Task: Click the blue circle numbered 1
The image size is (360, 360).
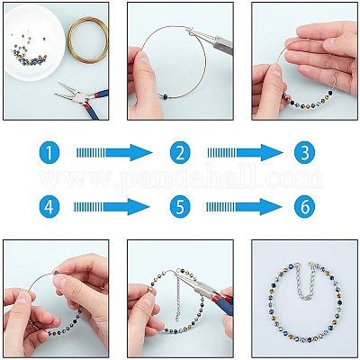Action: point(49,152)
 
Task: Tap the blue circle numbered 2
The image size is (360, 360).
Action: point(180,152)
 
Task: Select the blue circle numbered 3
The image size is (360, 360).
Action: point(304,152)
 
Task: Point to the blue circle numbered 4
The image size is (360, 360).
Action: point(49,207)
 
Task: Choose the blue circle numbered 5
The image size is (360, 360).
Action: point(180,207)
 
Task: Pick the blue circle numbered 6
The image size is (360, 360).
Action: point(304,207)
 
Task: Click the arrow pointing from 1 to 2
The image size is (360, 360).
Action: point(114,152)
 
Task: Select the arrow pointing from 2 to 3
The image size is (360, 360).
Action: point(245,152)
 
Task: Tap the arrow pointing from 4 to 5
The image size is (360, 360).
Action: point(112,207)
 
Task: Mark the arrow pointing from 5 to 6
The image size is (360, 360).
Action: point(244,207)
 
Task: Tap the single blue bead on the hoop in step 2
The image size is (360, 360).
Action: point(166,94)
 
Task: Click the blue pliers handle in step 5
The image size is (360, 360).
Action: point(222,304)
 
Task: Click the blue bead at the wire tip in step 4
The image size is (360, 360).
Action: point(56,273)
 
